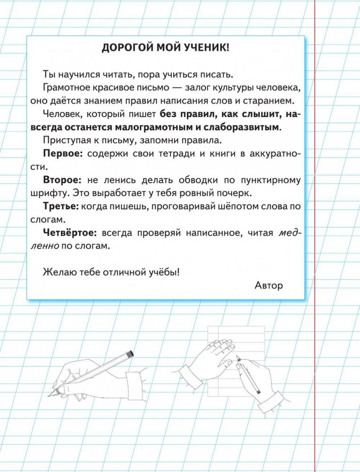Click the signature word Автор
[268, 285]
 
